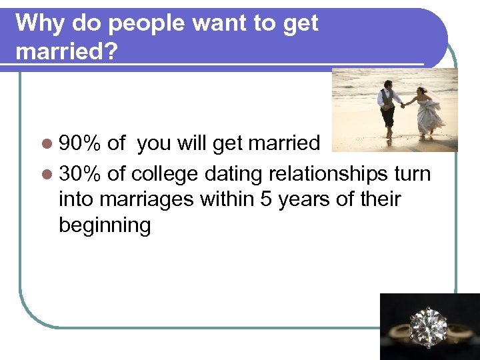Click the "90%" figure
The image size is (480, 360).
[x=79, y=144]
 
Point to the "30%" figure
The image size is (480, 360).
[x=79, y=174]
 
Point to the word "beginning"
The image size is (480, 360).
[x=105, y=225]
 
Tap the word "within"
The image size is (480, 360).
[x=226, y=199]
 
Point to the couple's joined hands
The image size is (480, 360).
[x=403, y=105]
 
